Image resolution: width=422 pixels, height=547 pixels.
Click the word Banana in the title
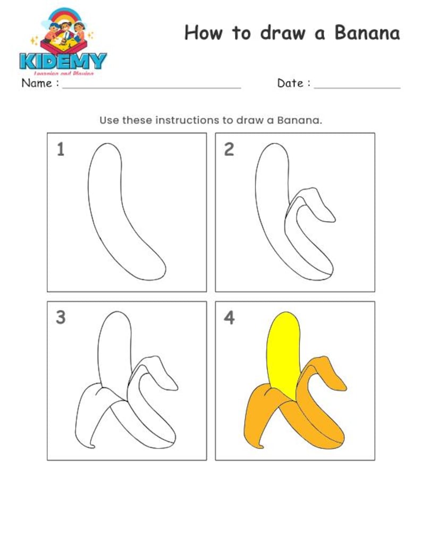click(367, 33)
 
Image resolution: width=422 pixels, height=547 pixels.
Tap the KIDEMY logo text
click(63, 60)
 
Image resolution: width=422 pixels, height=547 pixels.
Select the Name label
click(37, 83)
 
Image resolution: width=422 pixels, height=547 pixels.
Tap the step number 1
click(61, 150)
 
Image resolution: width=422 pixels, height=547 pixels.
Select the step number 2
click(229, 150)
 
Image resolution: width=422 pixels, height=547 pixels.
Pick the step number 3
click(61, 318)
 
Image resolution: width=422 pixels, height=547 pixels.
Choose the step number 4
click(229, 318)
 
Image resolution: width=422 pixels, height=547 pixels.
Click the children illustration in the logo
click(64, 32)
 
